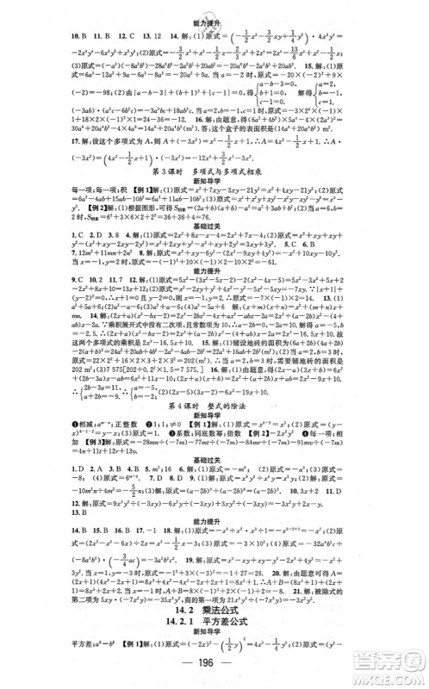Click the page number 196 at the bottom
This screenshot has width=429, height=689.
[x=215, y=671]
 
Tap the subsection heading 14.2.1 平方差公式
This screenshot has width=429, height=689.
[x=215, y=616]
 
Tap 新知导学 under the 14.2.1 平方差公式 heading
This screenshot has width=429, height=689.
[x=215, y=630]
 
